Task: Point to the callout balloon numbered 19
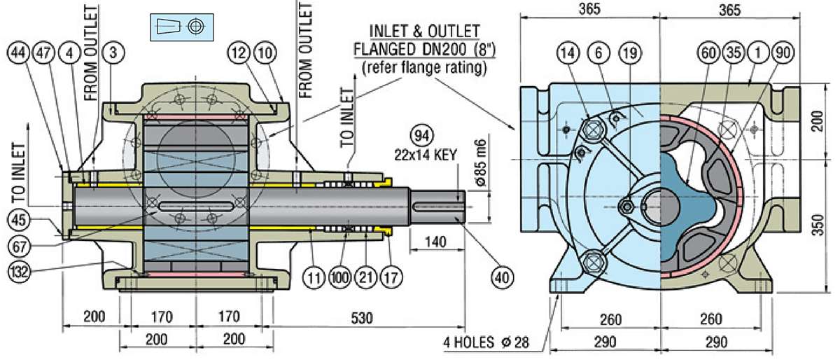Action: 629,52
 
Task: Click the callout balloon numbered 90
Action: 782,52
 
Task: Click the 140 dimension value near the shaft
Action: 435,242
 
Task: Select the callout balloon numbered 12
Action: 240,52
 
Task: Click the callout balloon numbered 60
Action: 709,52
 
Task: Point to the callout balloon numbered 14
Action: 568,52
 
